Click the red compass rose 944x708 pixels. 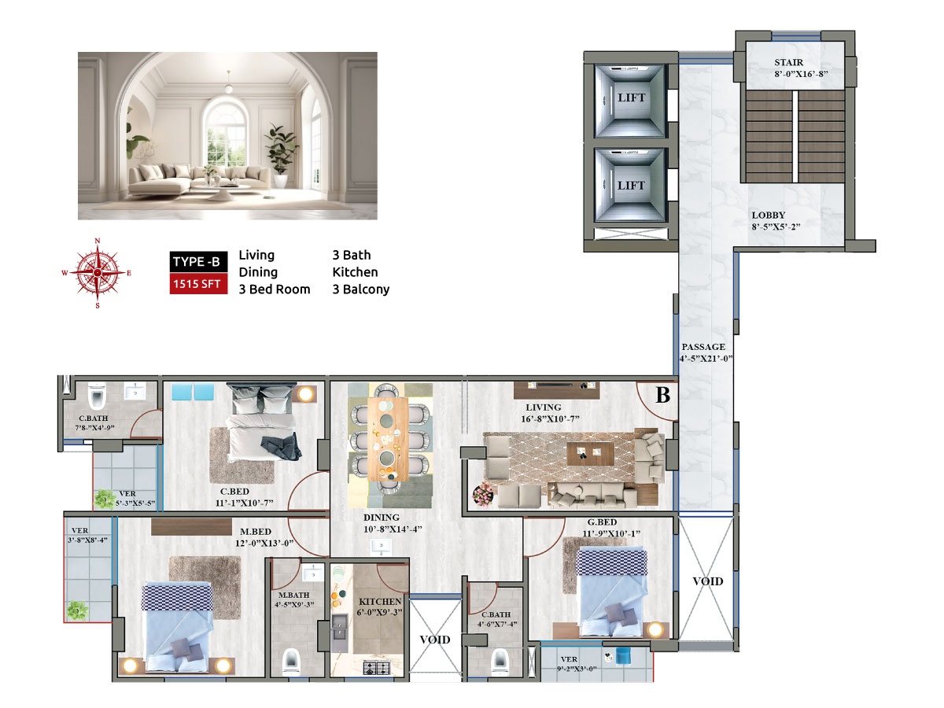[98, 272]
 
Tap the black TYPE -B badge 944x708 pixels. [198, 261]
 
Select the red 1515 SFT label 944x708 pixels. [198, 284]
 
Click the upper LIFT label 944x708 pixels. [632, 98]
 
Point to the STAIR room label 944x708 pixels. [789, 62]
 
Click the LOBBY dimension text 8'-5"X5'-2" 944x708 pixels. [776, 227]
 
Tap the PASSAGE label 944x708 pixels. [703, 347]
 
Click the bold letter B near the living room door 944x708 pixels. [662, 396]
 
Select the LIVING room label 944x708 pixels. [543, 407]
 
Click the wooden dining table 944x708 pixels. [388, 439]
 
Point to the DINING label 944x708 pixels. [381, 518]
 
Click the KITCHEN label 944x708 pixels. [380, 601]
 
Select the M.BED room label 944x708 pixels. [256, 532]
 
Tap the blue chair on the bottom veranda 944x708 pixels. [623, 656]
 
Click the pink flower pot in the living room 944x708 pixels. [483, 493]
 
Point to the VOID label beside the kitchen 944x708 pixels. [435, 640]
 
